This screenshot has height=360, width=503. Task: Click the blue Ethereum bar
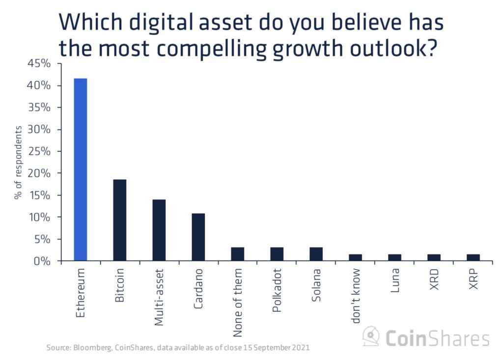(x=80, y=169)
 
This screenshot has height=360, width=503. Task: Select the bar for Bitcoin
(x=120, y=220)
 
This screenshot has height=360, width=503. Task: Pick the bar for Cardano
(x=198, y=237)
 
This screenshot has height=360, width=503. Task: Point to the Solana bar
(x=316, y=254)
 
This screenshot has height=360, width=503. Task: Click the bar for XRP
(x=473, y=257)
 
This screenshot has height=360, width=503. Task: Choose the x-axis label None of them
(x=238, y=303)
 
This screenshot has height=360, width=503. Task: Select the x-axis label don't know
(x=356, y=296)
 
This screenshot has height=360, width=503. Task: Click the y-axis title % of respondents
(x=18, y=162)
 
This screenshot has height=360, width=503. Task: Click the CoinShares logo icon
(x=371, y=337)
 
